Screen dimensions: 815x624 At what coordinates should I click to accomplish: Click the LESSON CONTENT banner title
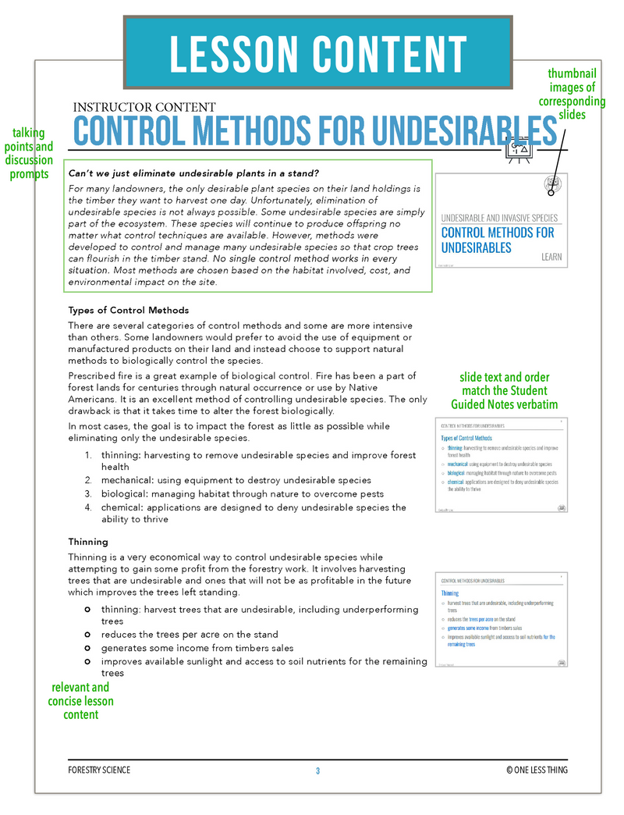coord(317,52)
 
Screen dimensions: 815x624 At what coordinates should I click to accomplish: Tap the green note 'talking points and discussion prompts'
coord(29,154)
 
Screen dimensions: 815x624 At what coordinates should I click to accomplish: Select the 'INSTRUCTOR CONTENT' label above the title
coord(144,108)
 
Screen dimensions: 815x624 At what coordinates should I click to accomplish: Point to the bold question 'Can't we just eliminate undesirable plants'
coord(194,173)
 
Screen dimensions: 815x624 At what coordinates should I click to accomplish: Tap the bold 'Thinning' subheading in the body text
coord(88,541)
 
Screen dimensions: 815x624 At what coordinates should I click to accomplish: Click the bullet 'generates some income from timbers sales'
coord(197,648)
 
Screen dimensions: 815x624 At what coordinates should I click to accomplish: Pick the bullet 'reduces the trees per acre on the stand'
coord(190,635)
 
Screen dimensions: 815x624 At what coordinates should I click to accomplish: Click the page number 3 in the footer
coord(318,771)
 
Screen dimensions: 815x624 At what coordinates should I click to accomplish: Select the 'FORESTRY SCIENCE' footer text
coord(99,771)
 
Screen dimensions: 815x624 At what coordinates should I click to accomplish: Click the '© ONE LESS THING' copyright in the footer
coord(537,771)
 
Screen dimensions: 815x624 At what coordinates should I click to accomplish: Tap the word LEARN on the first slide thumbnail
coord(551,256)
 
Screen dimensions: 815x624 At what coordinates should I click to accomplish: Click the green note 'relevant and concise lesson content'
coord(81,701)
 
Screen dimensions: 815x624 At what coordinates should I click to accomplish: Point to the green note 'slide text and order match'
coord(505,390)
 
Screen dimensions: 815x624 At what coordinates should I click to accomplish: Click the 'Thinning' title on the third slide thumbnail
coord(450,593)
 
